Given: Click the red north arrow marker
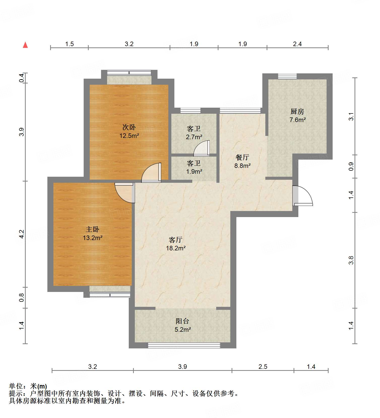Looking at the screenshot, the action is (x=25, y=45).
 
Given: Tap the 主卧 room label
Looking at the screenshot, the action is (x=92, y=229).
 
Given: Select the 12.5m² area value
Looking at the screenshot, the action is (x=129, y=136).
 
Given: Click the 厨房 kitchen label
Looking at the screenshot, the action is (x=297, y=111).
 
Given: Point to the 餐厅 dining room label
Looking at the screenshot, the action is (x=242, y=157).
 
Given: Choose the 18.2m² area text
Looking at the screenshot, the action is (x=176, y=248).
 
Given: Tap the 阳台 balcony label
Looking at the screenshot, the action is (x=182, y=321).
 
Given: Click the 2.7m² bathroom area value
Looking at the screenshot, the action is (x=194, y=137).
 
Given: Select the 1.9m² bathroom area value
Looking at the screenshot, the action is (x=194, y=172).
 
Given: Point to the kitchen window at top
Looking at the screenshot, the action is (x=287, y=76).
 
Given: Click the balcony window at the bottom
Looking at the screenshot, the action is (x=184, y=345).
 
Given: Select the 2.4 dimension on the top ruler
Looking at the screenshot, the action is (x=297, y=44).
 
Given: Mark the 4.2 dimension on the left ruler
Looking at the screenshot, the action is (x=22, y=234).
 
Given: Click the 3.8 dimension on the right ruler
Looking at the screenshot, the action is (x=351, y=260).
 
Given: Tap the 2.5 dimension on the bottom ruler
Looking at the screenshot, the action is (x=263, y=367).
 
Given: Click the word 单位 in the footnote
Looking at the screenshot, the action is (x=16, y=386).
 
